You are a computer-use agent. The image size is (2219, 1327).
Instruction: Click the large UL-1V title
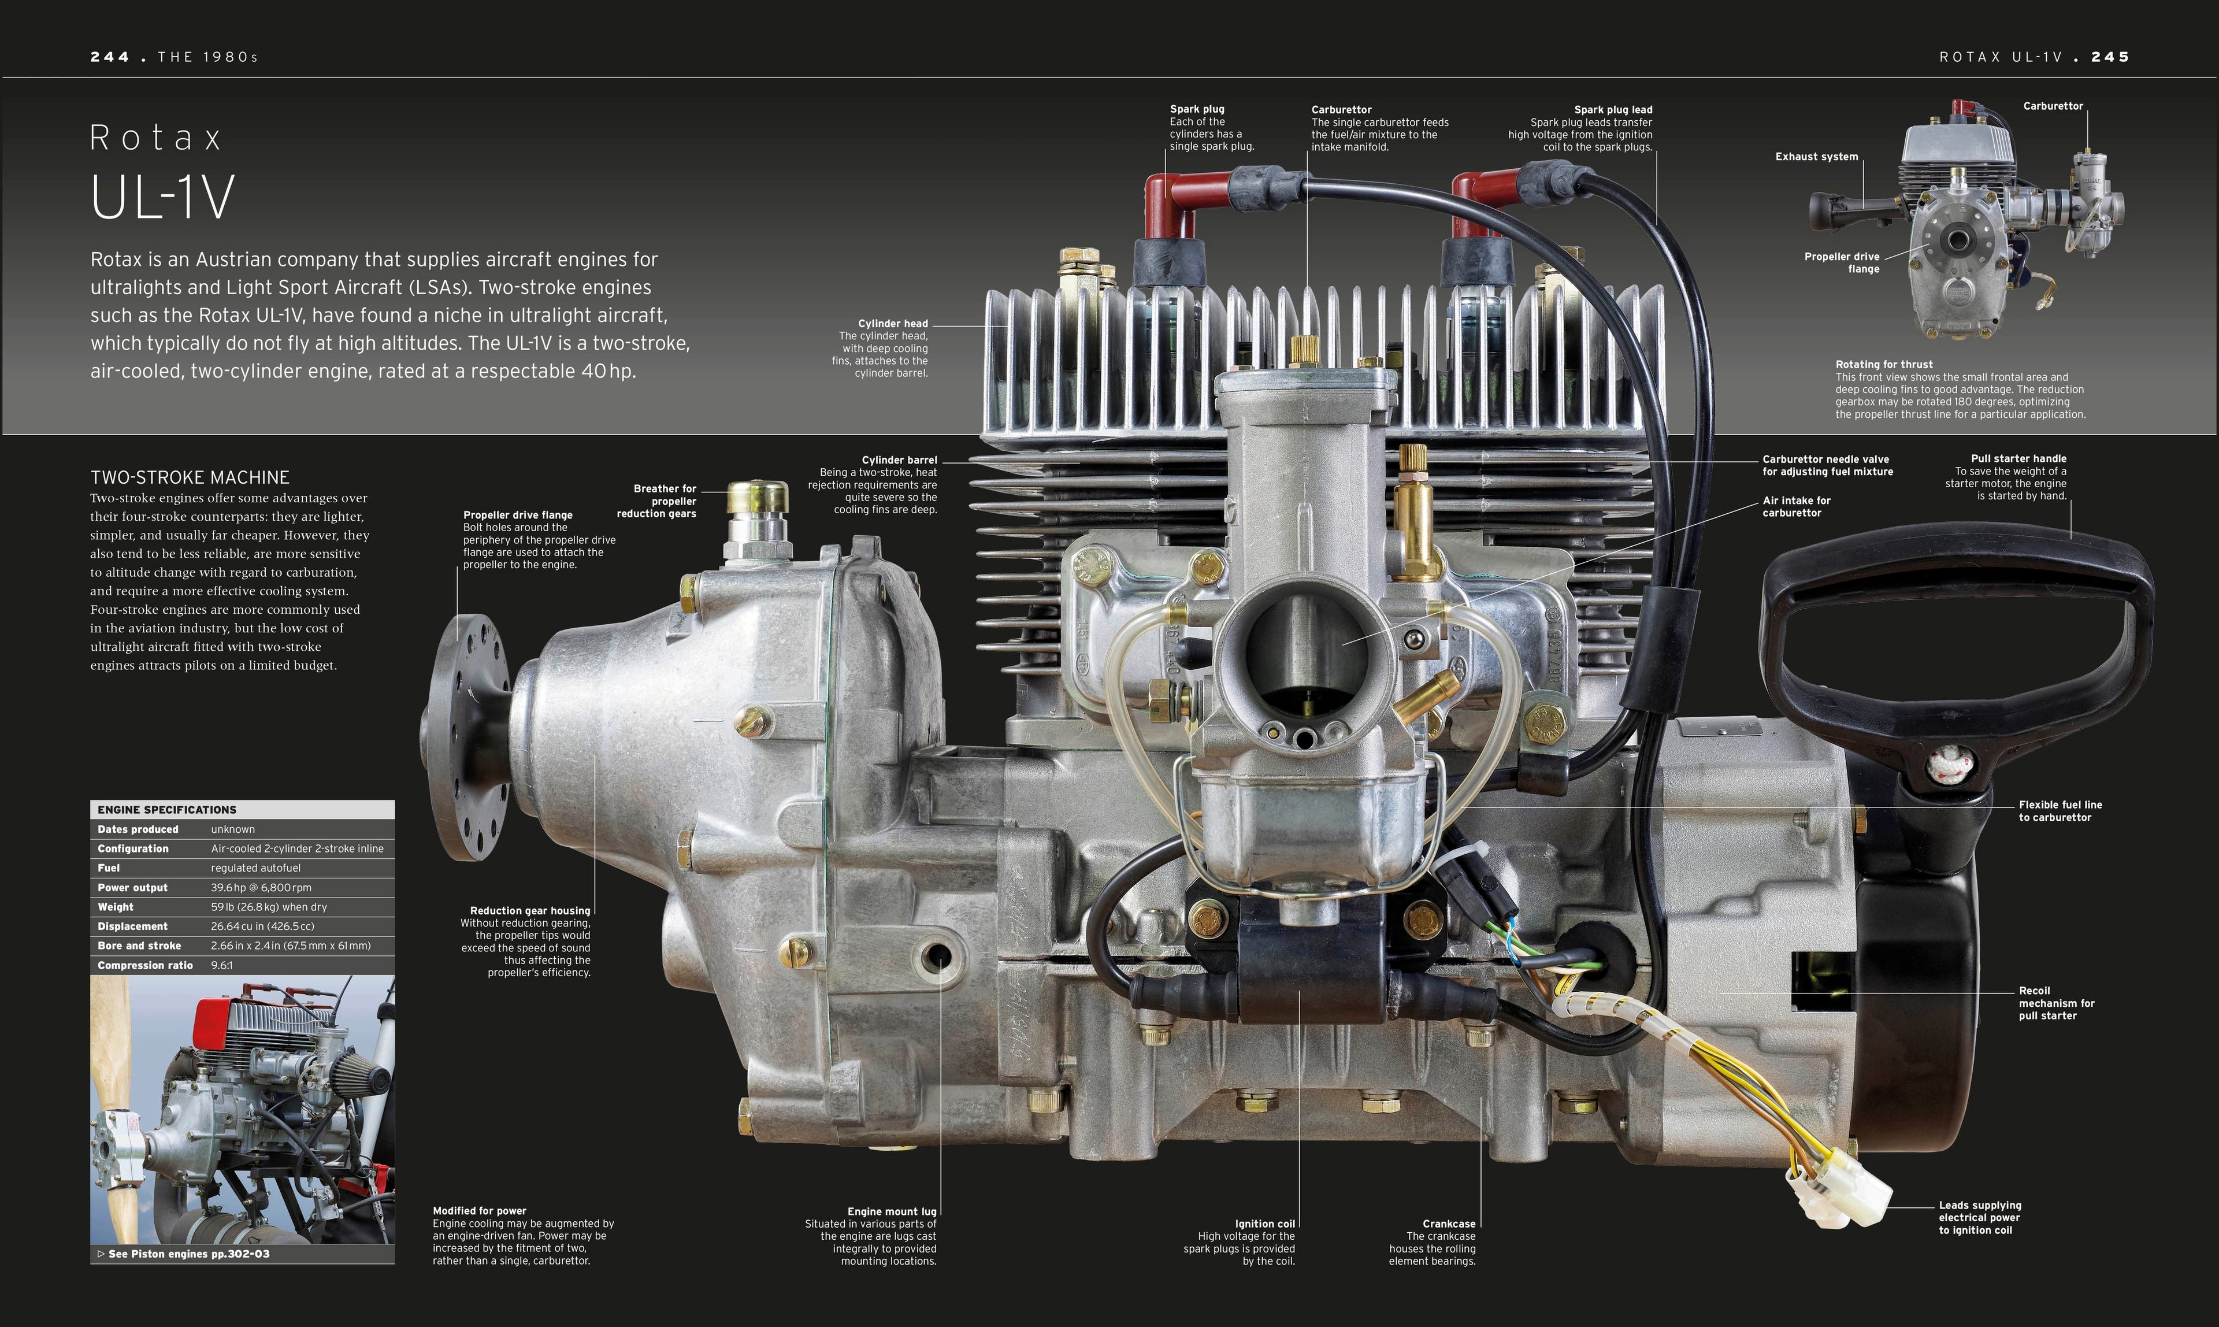click(x=163, y=198)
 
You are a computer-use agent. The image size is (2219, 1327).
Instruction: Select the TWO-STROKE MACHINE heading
click(x=190, y=477)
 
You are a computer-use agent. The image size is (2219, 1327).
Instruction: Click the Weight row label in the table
click(x=116, y=907)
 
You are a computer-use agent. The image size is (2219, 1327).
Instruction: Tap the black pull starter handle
click(x=1958, y=626)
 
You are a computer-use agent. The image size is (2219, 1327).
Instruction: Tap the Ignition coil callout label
click(x=1264, y=1224)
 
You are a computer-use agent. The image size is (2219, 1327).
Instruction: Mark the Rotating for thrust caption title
click(x=1884, y=365)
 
